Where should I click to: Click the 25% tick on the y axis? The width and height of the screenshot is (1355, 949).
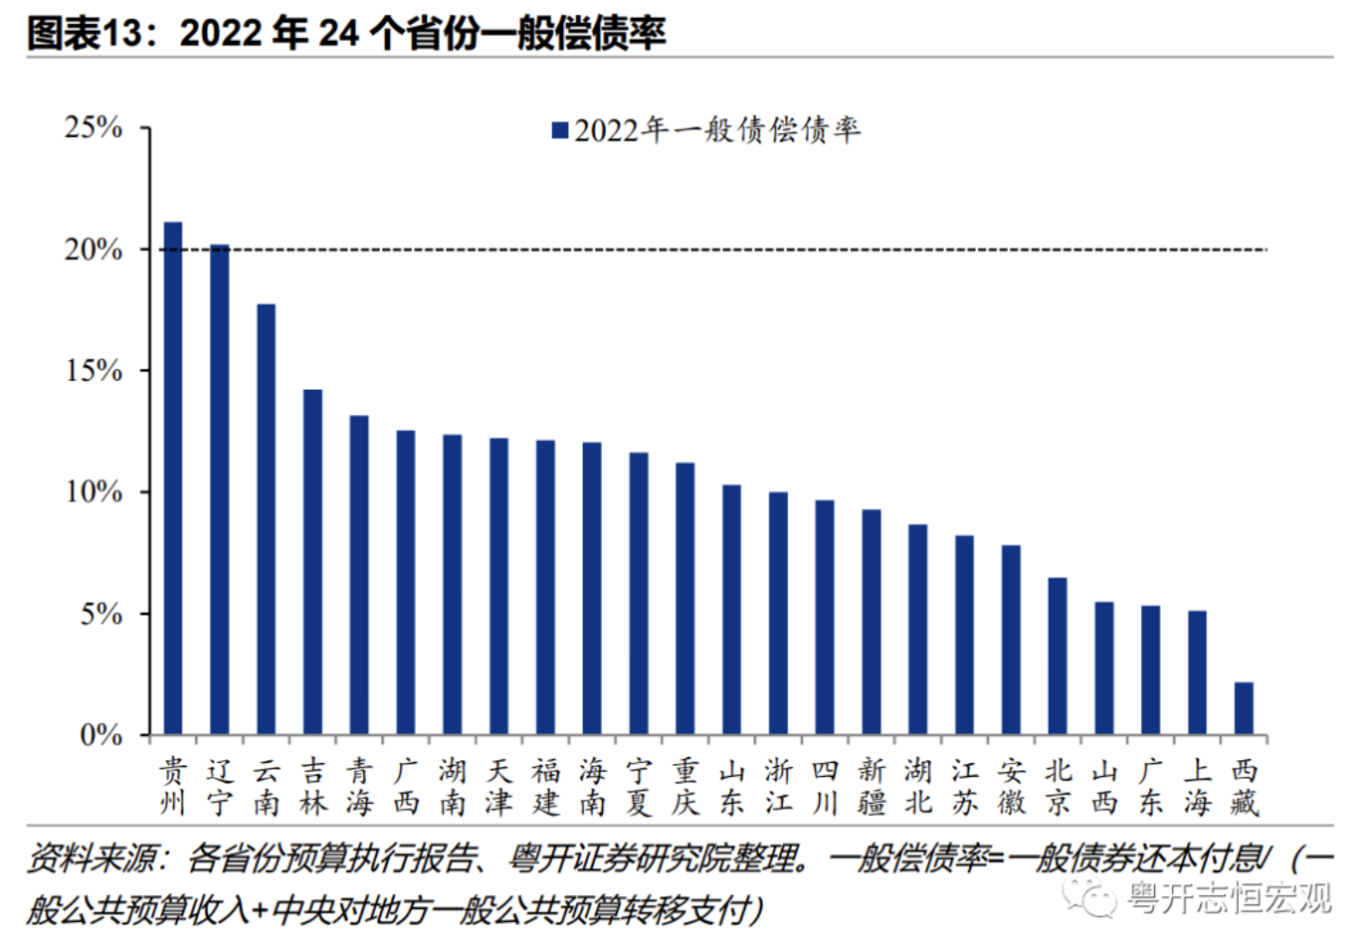(x=93, y=127)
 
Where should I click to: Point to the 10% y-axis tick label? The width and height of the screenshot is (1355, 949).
(x=93, y=492)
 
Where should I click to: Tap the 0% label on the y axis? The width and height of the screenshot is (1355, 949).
(x=101, y=736)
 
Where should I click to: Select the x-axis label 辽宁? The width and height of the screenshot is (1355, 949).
(x=220, y=786)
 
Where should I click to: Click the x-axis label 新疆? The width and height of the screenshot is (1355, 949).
(x=871, y=786)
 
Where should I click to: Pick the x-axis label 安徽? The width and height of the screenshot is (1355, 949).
(x=1011, y=786)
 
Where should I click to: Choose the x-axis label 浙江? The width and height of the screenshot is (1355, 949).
(x=778, y=786)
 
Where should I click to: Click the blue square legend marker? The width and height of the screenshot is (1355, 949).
(x=559, y=130)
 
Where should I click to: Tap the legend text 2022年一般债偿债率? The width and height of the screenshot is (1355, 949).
(x=717, y=130)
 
